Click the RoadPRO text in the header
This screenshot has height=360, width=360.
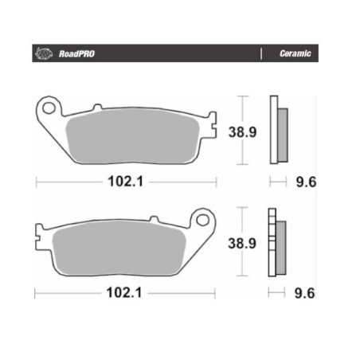click(x=76, y=54)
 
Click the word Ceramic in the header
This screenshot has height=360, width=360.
click(x=295, y=53)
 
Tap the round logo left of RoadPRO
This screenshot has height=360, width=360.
click(x=44, y=53)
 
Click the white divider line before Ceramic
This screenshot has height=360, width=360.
click(x=261, y=53)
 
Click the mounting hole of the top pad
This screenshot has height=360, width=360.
click(x=49, y=108)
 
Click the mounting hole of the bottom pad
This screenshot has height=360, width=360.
click(x=202, y=220)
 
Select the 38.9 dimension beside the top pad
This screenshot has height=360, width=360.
click(x=242, y=132)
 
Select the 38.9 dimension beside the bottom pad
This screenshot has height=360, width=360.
click(x=242, y=244)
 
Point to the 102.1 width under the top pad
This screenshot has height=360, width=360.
click(x=126, y=182)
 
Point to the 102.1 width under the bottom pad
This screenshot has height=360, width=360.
click(x=124, y=293)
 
